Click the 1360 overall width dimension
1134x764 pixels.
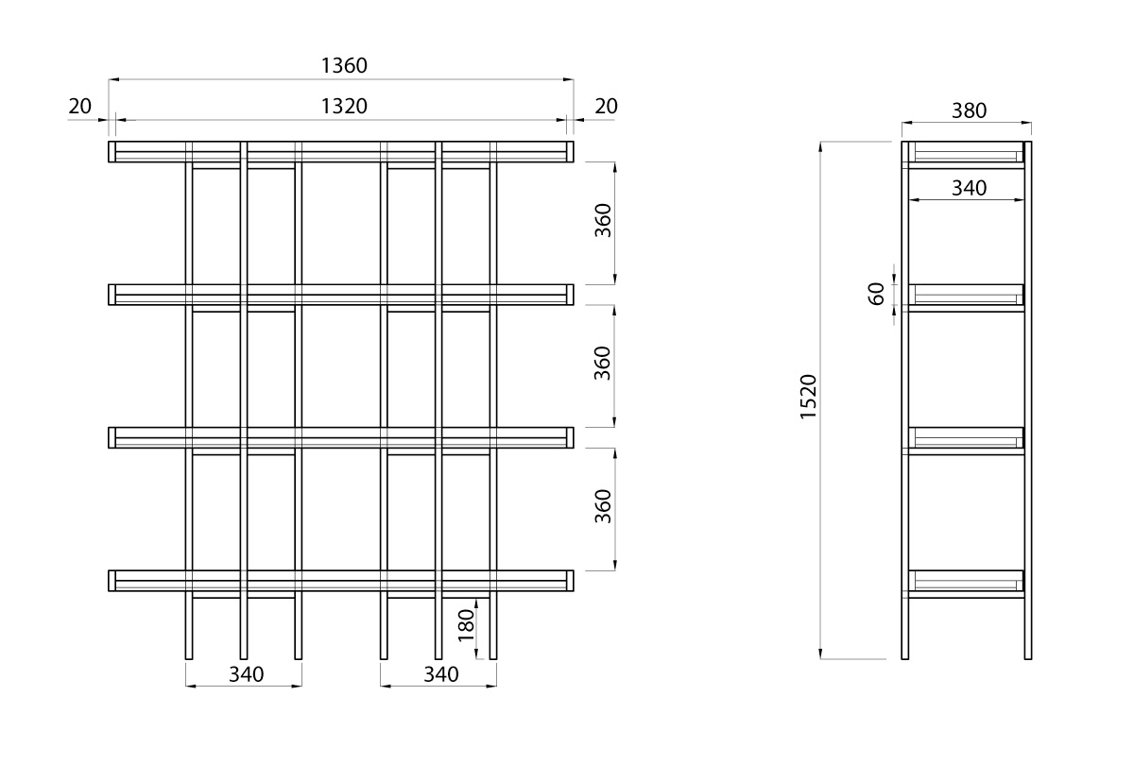(343, 65)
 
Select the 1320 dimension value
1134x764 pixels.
(343, 107)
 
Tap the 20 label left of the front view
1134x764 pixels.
(79, 107)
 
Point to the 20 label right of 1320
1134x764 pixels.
(606, 107)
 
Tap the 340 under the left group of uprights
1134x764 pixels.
(246, 674)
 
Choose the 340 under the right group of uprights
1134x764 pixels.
(440, 674)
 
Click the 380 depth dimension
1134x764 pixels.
(968, 110)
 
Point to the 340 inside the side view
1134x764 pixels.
(968, 188)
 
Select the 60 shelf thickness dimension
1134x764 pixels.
(876, 294)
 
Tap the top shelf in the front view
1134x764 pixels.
(341, 152)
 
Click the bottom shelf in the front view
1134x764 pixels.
(341, 581)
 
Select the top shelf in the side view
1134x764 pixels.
(967, 153)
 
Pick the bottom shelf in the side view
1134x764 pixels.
(967, 582)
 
